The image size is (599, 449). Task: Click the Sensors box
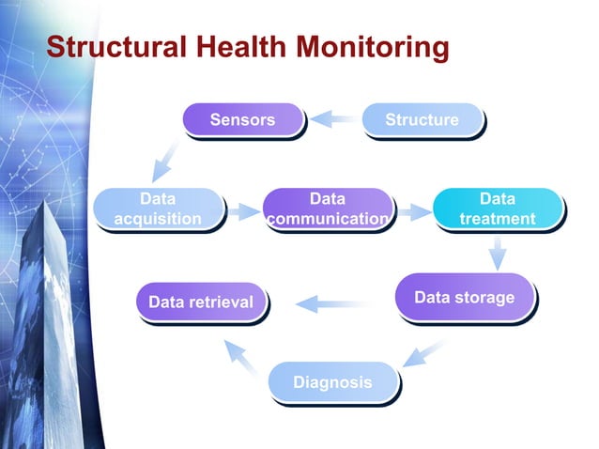click(x=242, y=119)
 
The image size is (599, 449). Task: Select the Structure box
click(x=422, y=119)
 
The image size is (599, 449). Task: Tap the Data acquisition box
click(x=157, y=209)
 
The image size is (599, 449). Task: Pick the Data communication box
click(x=327, y=209)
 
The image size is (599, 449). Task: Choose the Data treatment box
click(x=497, y=209)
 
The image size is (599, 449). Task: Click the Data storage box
click(x=464, y=298)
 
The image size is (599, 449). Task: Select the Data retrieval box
click(x=201, y=302)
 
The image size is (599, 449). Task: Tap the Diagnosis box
click(x=332, y=382)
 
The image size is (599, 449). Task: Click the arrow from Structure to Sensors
click(x=332, y=119)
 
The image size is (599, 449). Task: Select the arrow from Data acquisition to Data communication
click(x=243, y=211)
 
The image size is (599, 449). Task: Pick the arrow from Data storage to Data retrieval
click(x=330, y=302)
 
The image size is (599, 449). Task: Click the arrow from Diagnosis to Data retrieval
click(x=242, y=357)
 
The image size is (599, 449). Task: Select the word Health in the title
click(x=240, y=46)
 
